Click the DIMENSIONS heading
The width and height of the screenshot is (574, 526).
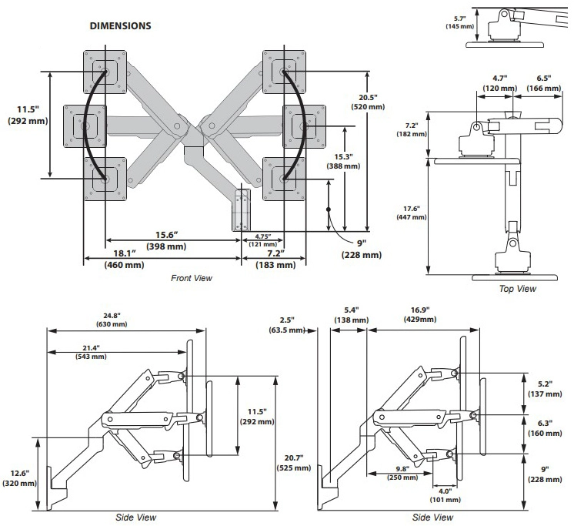[121, 26]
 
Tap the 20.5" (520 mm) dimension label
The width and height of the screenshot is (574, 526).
[368, 102]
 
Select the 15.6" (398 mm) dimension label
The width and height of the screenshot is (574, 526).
[166, 240]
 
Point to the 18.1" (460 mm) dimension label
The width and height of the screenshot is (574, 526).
[125, 259]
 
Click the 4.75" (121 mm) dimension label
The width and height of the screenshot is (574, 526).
[263, 240]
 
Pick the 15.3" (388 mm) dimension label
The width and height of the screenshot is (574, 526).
[343, 162]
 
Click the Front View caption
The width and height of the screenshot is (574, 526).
[192, 278]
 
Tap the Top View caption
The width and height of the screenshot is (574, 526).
[518, 289]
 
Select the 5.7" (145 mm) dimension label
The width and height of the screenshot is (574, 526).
[459, 22]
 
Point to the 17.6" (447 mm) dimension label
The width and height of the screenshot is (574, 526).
[412, 213]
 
